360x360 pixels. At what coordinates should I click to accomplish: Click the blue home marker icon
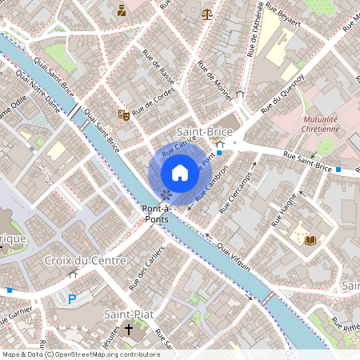(180, 173)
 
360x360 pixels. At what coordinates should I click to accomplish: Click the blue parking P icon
(71, 299)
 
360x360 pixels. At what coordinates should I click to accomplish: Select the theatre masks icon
(123, 115)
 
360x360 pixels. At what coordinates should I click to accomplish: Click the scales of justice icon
(208, 14)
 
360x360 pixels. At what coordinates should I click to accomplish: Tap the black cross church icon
(128, 330)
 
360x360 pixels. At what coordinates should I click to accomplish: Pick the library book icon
(310, 239)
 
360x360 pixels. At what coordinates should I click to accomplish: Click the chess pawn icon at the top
(122, 10)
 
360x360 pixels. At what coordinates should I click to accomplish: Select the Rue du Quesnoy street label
(287, 91)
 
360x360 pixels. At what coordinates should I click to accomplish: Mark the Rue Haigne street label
(285, 210)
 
